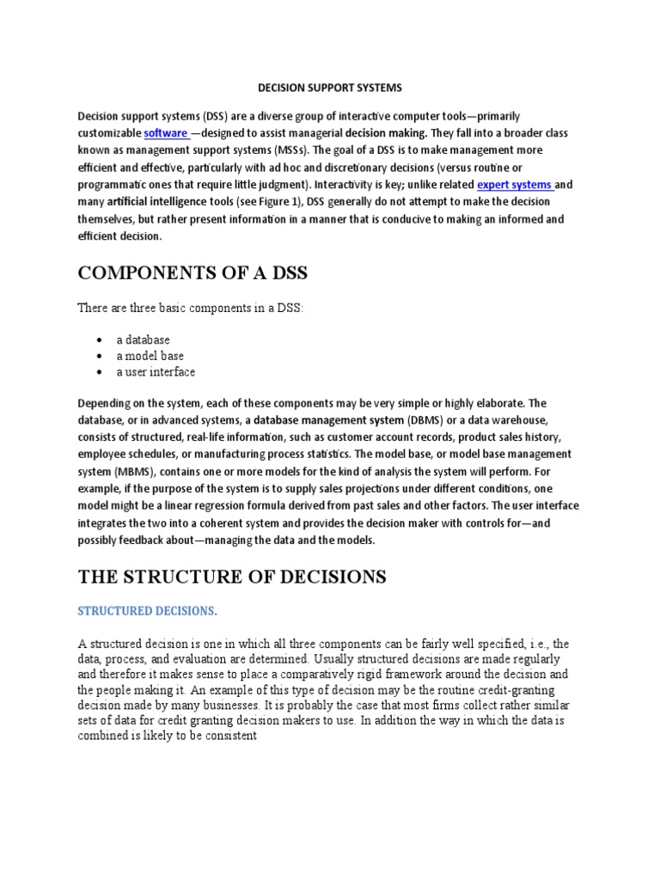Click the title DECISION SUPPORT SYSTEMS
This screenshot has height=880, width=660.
pyautogui.click(x=330, y=88)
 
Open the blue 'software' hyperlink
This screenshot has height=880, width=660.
pyautogui.click(x=166, y=133)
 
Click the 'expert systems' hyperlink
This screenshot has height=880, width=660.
pyautogui.click(x=515, y=184)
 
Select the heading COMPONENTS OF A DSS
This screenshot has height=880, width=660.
pyautogui.click(x=192, y=274)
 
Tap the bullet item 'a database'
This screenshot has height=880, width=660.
pyautogui.click(x=144, y=339)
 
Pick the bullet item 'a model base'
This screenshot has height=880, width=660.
pyautogui.click(x=150, y=356)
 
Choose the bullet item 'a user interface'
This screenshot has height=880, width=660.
pyautogui.click(x=156, y=372)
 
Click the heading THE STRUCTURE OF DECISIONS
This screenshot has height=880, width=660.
pyautogui.click(x=232, y=577)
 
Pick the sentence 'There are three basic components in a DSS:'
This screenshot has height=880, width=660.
pyautogui.click(x=190, y=308)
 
